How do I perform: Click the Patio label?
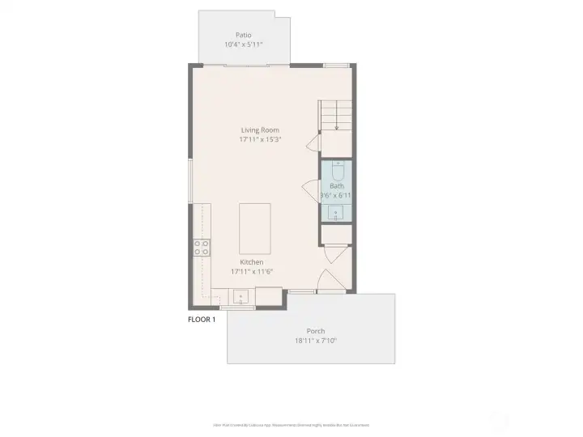[243, 35]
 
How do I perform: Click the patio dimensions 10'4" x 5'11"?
[243, 45]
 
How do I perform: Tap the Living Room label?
[260, 129]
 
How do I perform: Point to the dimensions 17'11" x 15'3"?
[260, 139]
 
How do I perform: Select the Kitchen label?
[252, 261]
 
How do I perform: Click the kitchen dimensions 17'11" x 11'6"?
[252, 271]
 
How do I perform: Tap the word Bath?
[336, 186]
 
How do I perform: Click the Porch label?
[316, 331]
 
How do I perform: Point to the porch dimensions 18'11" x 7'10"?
[316, 341]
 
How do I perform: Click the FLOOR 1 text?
[202, 320]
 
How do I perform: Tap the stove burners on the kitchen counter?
[202, 248]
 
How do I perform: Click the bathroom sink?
[337, 213]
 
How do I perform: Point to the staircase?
[336, 115]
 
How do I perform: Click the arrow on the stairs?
[336, 125]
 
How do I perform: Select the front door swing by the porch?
[328, 279]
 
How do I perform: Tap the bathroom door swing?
[310, 193]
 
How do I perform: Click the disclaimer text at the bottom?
[291, 424]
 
